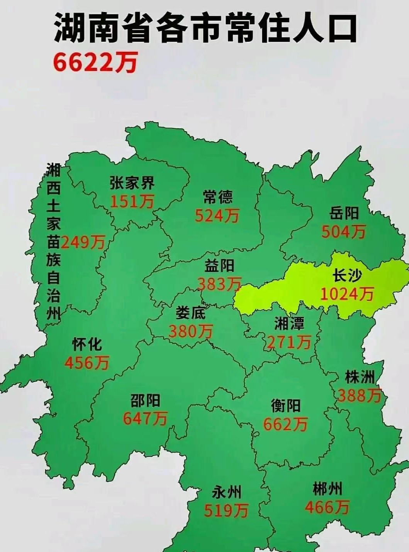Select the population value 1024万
click(x=347, y=294)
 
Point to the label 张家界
click(x=132, y=183)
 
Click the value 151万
click(x=132, y=201)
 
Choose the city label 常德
click(x=218, y=197)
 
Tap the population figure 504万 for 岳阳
click(x=343, y=231)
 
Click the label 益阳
click(x=219, y=266)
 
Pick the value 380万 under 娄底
click(x=191, y=331)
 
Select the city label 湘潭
click(x=289, y=323)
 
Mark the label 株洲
click(x=360, y=377)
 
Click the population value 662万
click(x=285, y=424)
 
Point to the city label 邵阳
click(x=145, y=400)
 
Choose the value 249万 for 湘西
click(x=83, y=242)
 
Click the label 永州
click(x=227, y=492)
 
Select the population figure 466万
click(x=327, y=507)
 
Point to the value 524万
click(x=217, y=216)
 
